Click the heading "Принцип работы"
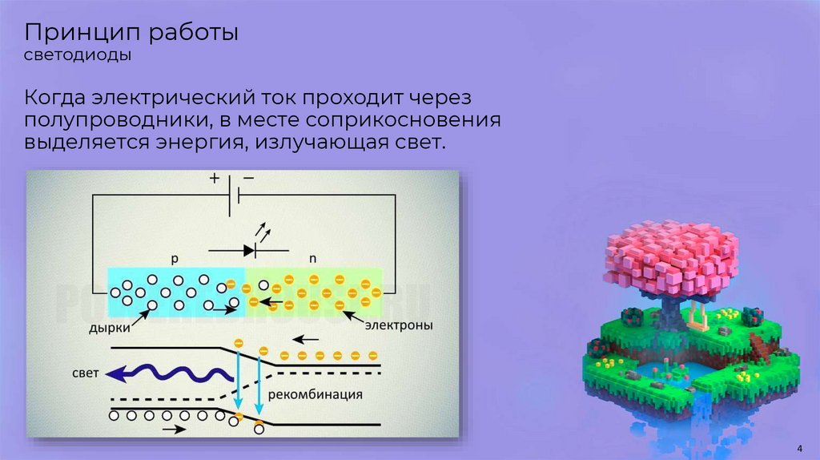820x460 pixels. [x=131, y=34]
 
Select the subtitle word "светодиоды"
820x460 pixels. [x=78, y=57]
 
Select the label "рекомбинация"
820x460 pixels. [x=316, y=394]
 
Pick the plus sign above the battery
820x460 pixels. [x=215, y=180]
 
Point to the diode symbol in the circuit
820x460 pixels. [x=249, y=250]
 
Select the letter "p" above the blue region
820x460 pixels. [x=175, y=259]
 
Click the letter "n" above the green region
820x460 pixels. [x=313, y=259]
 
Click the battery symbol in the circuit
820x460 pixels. [x=231, y=195]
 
